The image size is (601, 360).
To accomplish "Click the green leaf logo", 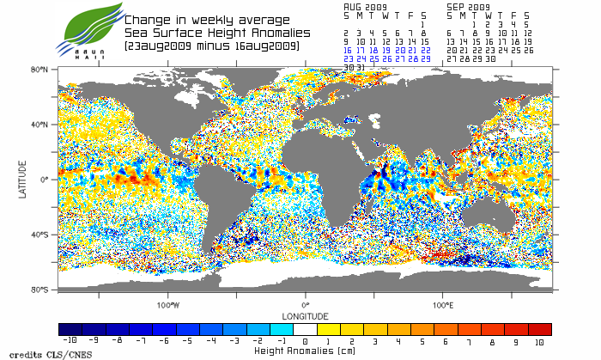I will click(89, 26).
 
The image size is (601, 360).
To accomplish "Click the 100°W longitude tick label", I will click(168, 305).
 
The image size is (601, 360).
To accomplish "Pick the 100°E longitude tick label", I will click(442, 305).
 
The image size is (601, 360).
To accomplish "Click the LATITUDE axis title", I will click(23, 179).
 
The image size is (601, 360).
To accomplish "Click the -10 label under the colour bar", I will click(70, 342).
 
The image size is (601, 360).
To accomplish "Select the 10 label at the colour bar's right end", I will click(539, 342).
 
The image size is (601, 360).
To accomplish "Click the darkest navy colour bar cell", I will click(70, 330).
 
